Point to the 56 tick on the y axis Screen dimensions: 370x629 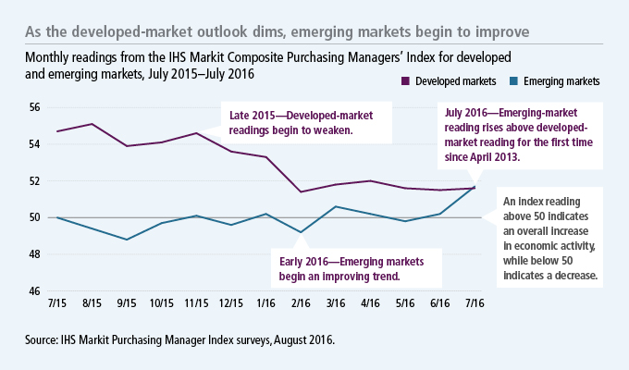click(x=36, y=107)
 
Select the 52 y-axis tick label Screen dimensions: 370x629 click(x=36, y=181)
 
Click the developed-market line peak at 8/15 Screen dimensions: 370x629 click(x=92, y=124)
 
